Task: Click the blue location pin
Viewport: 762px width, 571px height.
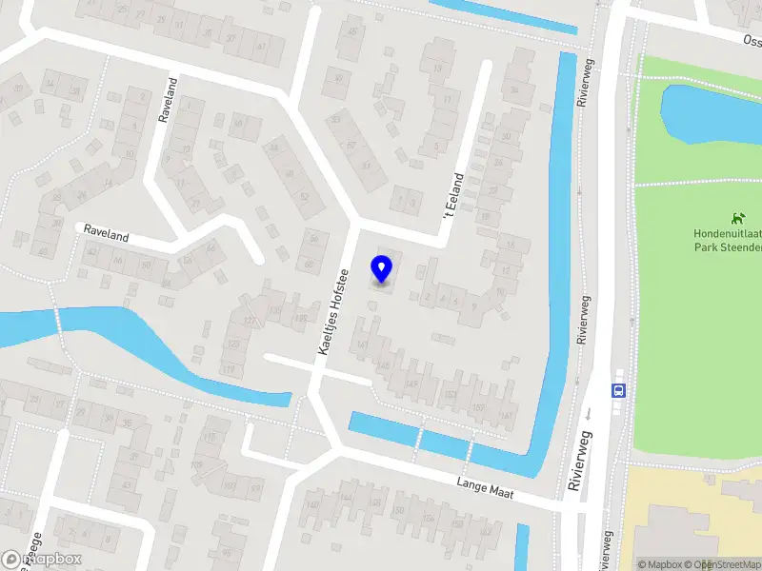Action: click(x=382, y=268)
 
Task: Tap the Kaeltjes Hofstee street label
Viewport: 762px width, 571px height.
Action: click(x=334, y=313)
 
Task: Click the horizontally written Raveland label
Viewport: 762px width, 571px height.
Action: click(x=106, y=231)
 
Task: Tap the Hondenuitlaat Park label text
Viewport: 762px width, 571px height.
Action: click(x=727, y=241)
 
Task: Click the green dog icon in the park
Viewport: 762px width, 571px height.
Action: click(x=736, y=218)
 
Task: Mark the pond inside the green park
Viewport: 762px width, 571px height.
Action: click(x=710, y=112)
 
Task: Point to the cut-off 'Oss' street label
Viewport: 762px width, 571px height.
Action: click(x=752, y=40)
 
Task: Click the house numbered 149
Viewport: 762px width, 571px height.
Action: click(x=412, y=384)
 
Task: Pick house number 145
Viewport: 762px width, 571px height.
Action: click(x=385, y=364)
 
